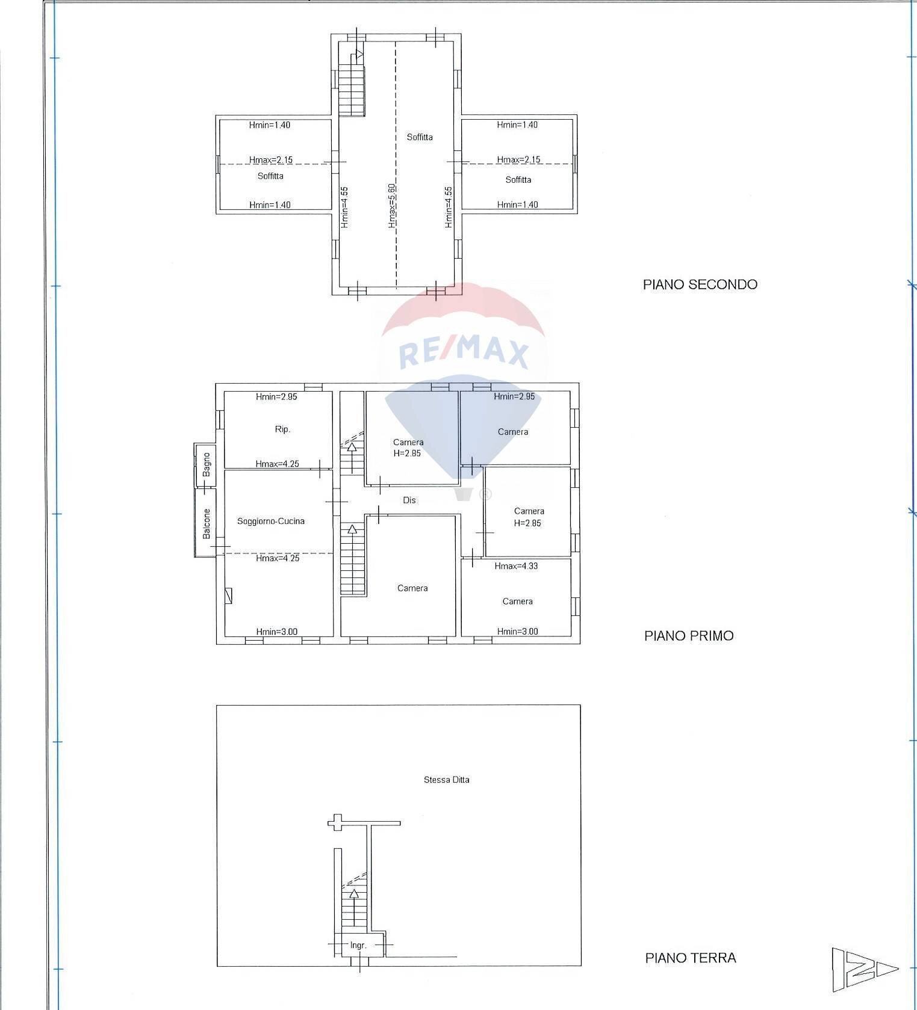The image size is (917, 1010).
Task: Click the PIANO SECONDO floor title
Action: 700,285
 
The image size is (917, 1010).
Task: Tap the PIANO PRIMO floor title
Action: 689,636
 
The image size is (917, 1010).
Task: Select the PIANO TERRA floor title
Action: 691,958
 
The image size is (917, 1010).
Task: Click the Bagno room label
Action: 207,464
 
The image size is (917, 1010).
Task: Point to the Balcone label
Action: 207,523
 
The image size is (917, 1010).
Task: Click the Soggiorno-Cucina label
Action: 271,521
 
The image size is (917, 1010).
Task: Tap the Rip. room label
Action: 282,429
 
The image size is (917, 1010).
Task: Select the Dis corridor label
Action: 409,500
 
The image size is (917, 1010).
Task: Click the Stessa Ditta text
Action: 446,780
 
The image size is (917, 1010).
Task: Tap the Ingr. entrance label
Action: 358,945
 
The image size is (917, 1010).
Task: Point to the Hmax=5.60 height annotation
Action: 391,206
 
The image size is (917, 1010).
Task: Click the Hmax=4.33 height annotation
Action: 516,565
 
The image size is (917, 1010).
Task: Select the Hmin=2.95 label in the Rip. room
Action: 276,396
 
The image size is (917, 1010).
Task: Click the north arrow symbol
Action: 865,969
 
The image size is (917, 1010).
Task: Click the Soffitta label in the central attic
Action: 420,137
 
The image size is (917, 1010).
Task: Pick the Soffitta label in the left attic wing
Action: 270,176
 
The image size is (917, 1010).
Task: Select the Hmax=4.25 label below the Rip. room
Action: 277,464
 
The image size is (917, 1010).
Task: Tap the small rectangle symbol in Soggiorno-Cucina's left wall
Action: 228,596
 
